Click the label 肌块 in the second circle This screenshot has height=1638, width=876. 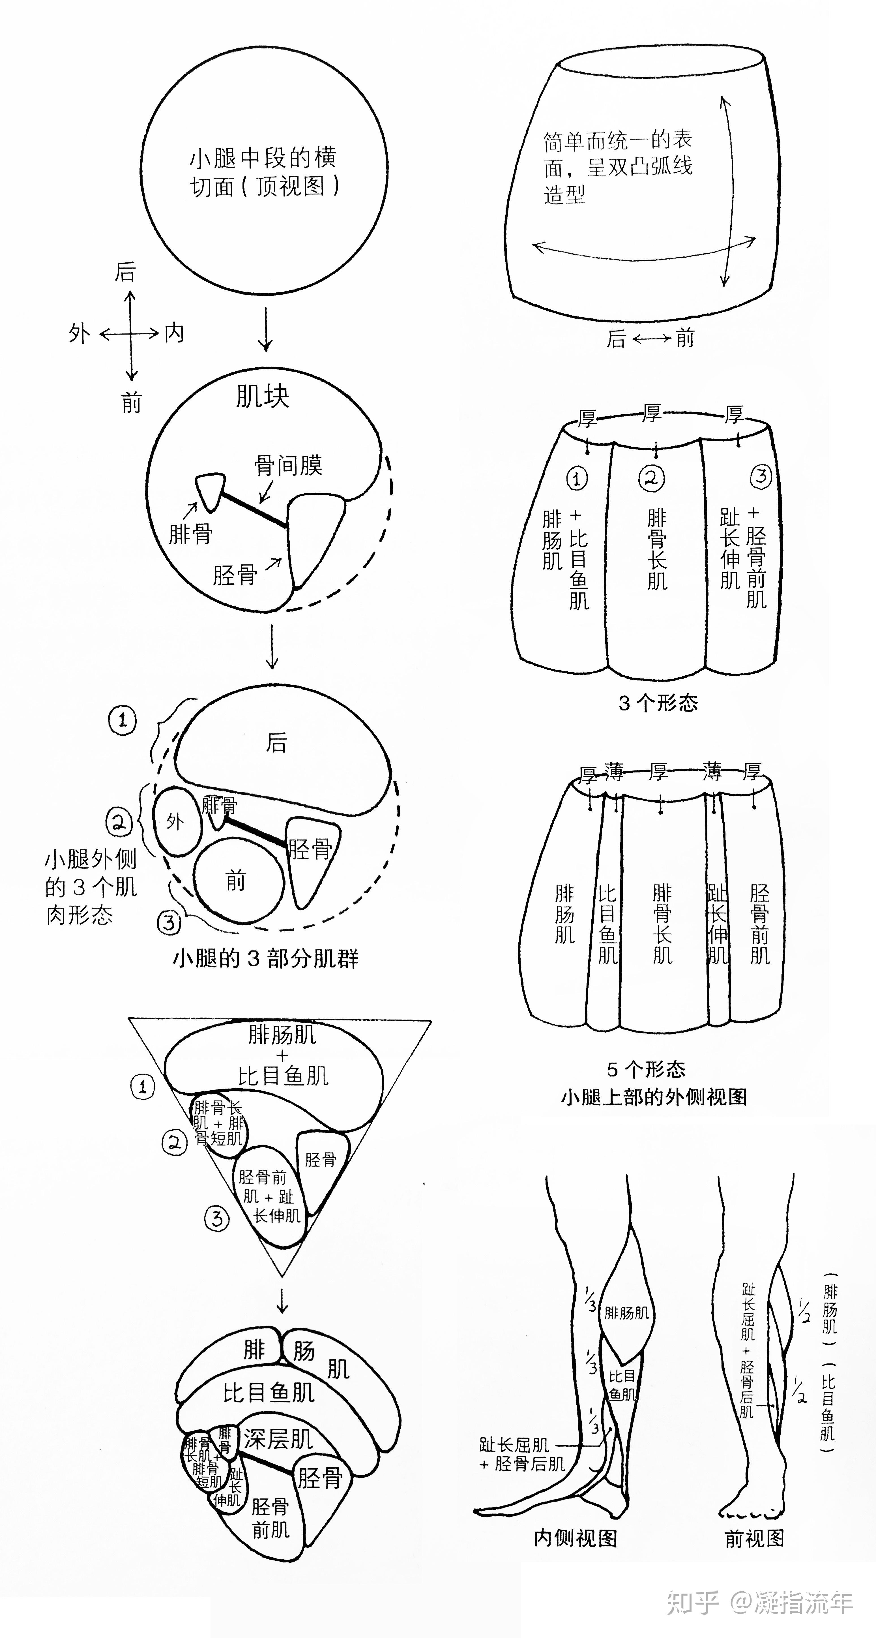point(262,396)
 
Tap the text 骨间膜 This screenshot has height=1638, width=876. point(288,465)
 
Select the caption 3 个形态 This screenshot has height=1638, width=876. point(658,703)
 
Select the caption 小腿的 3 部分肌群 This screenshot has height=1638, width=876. point(266,958)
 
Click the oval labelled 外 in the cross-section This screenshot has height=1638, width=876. point(176,821)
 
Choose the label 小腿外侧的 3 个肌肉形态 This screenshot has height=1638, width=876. point(90,887)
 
